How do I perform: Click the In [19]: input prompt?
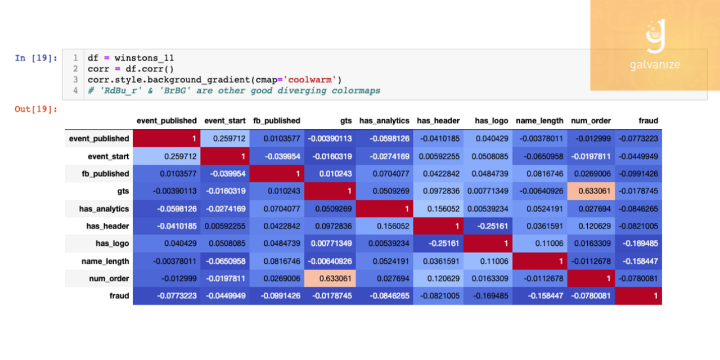point(36,58)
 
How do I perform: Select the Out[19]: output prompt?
point(36,109)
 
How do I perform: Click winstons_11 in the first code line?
point(144,58)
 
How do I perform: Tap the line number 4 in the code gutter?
point(75,90)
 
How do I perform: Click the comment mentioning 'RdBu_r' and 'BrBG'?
point(233,91)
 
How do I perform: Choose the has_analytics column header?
point(384,120)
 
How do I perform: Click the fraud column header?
point(648,120)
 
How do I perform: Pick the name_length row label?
point(105,261)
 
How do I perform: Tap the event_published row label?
point(99,138)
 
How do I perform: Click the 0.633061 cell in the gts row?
point(591,191)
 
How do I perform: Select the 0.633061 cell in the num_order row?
point(330,278)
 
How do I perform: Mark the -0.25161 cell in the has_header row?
point(486,226)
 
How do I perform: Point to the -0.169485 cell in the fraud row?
point(486,296)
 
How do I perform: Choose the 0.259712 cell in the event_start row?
point(166,156)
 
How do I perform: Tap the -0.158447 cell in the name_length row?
point(638,261)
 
